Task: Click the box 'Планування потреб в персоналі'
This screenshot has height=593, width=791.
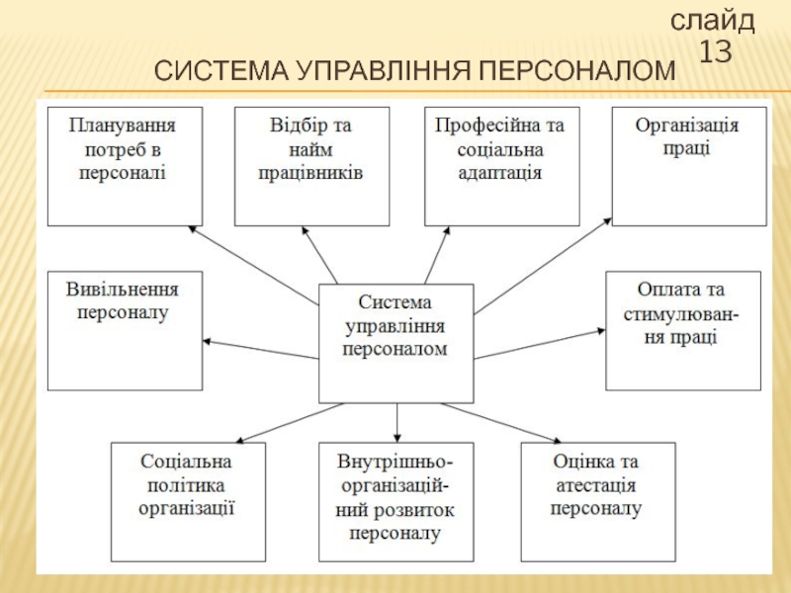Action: (125, 166)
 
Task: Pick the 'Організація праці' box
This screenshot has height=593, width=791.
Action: (688, 166)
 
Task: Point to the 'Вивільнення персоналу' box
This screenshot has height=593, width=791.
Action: (125, 330)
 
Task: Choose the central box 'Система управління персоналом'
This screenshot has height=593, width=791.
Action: (395, 342)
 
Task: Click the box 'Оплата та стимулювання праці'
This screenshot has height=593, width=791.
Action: (683, 330)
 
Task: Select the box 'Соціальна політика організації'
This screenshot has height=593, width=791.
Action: (187, 502)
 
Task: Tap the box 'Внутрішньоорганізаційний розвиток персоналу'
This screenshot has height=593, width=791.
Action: (395, 502)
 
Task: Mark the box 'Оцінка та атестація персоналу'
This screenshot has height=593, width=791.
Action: (597, 502)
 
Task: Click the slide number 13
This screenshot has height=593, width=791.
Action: (716, 51)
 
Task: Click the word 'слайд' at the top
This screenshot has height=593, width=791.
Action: (713, 20)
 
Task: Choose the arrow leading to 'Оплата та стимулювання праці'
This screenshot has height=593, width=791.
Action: (539, 342)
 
